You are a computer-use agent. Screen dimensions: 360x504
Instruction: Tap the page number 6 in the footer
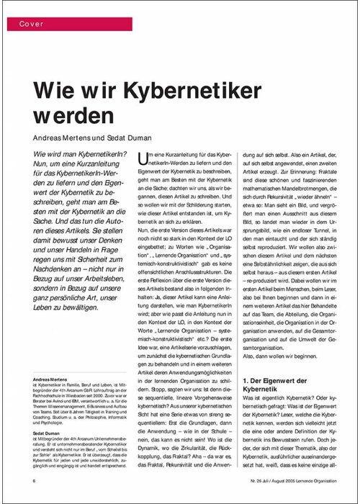(34, 480)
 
